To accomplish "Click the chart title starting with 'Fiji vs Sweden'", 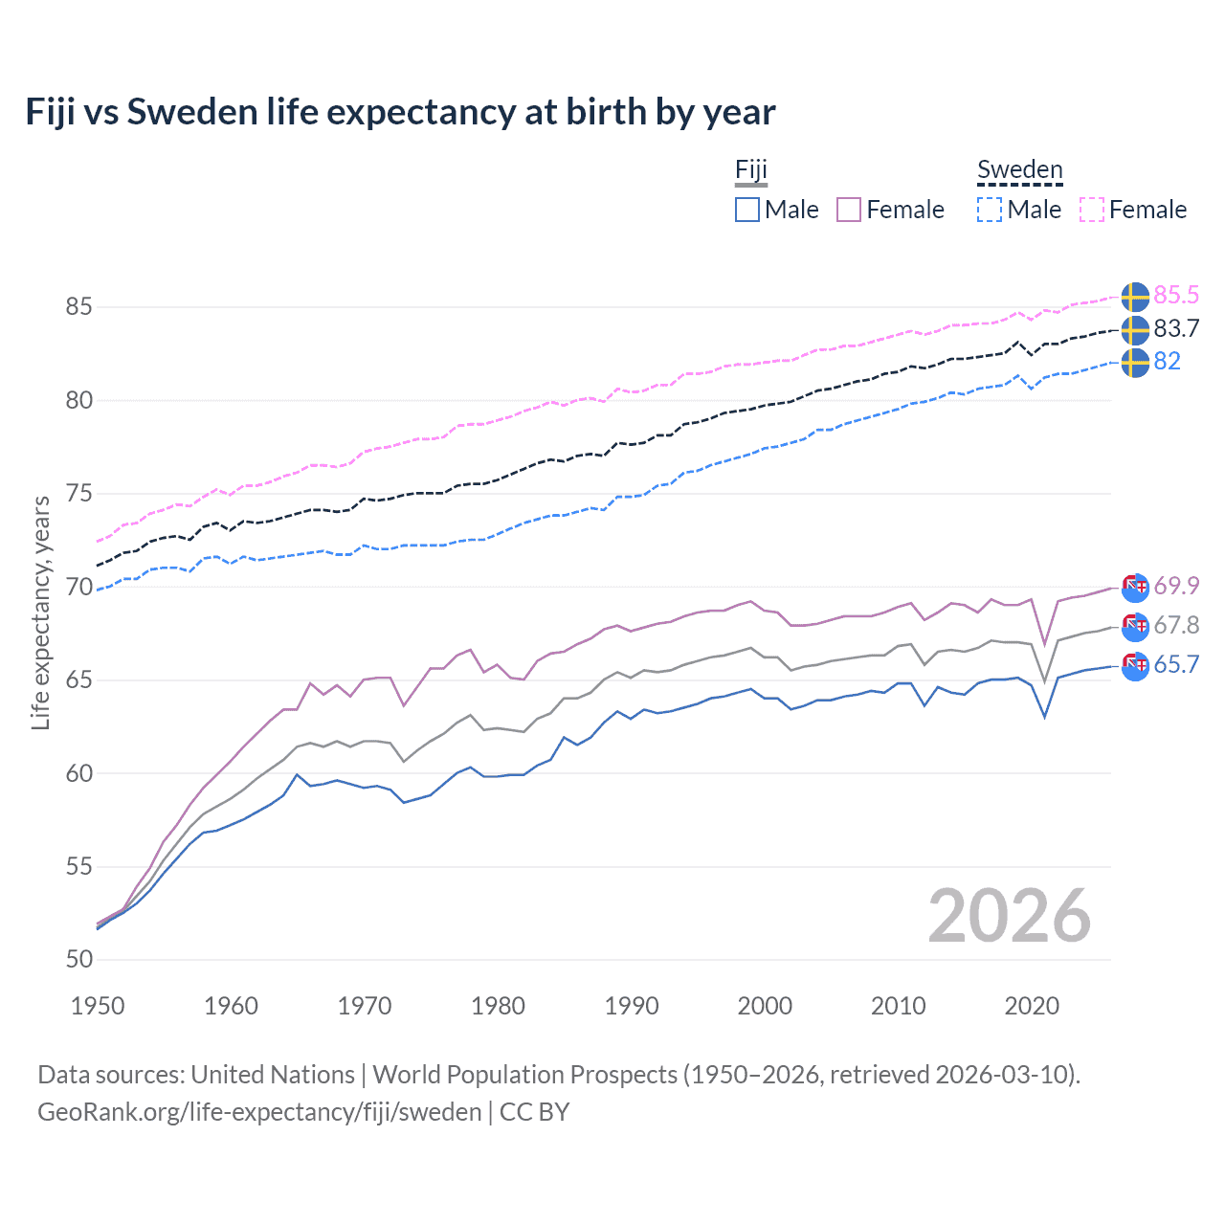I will tap(400, 112).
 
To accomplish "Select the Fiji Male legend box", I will tap(747, 210).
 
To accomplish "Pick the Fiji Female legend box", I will tap(849, 210).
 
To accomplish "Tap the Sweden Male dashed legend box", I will tap(990, 210).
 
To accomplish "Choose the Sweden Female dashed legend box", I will tap(1092, 210).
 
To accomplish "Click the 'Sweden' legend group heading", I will tap(1019, 170).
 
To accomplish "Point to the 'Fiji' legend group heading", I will tap(751, 170).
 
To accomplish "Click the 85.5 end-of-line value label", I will tap(1176, 295).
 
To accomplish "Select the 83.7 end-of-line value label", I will tap(1176, 328).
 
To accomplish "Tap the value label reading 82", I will tap(1167, 361).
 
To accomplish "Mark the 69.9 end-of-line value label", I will tap(1176, 585).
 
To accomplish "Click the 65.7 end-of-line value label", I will tap(1176, 664).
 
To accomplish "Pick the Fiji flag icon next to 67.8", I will tap(1135, 626).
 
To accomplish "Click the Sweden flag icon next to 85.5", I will tap(1135, 297).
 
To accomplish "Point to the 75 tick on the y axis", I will tap(78, 494).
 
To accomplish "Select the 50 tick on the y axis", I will tap(78, 959).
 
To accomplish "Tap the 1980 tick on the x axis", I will tap(498, 1006).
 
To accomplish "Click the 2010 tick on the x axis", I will tap(898, 1006).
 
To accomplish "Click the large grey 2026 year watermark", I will tap(1009, 916).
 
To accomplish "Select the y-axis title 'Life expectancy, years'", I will tap(40, 612).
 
